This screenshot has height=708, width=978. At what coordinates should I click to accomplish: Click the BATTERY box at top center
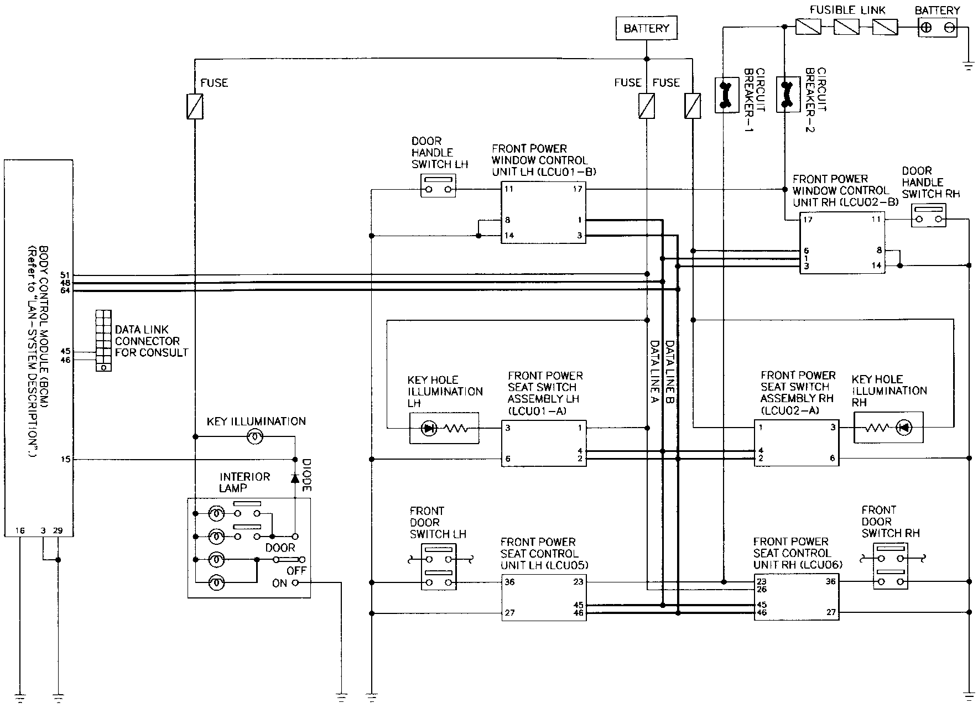click(646, 29)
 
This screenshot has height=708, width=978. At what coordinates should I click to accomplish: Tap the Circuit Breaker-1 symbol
click(727, 95)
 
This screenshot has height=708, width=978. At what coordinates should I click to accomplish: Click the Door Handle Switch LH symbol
click(438, 186)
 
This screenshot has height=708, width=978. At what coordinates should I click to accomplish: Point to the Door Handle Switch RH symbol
click(929, 215)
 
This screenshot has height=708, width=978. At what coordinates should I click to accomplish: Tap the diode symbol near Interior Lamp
click(295, 477)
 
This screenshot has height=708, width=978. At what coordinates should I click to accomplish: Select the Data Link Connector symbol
click(103, 340)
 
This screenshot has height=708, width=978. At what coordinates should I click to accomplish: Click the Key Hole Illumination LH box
click(444, 428)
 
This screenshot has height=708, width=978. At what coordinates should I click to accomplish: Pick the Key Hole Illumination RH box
click(888, 427)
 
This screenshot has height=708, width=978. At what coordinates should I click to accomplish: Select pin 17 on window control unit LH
click(579, 189)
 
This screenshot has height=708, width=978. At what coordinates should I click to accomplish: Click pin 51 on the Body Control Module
click(65, 275)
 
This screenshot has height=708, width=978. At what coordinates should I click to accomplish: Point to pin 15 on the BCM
click(66, 459)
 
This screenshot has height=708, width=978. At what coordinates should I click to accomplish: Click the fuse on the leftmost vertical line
click(195, 106)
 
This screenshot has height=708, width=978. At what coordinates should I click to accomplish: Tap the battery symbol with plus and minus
click(938, 28)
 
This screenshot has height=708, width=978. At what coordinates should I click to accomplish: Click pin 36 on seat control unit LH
click(510, 582)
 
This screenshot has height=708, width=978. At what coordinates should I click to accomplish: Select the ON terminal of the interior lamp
click(295, 582)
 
